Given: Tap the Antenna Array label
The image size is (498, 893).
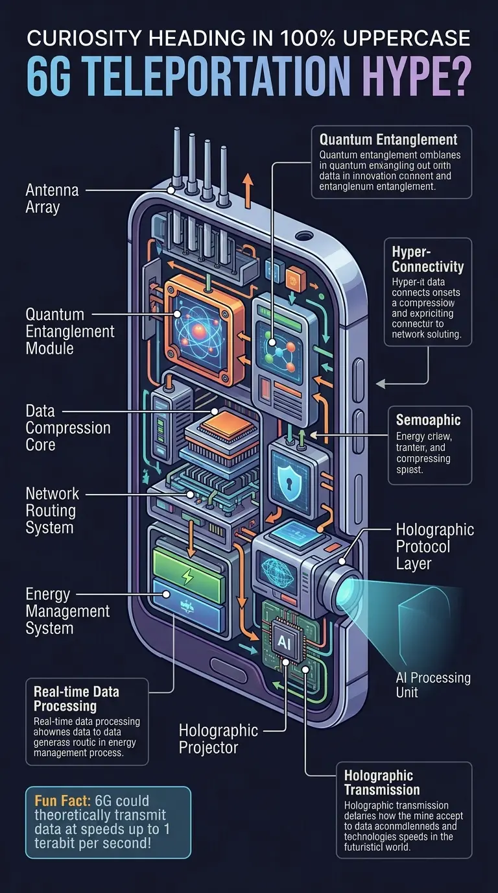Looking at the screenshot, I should pos(52,199).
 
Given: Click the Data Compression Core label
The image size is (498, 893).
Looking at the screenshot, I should pos(68,428).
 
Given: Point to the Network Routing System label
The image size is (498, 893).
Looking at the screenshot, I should pos(52,510).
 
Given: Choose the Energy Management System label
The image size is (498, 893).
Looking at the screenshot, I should pos(67,611).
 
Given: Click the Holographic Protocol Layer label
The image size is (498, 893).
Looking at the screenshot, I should pos(434,546).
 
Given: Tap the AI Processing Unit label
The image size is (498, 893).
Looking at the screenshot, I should pos(433,685).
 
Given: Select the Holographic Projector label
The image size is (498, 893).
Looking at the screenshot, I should pos(219,739).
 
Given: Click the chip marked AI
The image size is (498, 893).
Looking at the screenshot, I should pos(284,641).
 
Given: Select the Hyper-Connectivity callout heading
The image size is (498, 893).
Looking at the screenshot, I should pos(428,258).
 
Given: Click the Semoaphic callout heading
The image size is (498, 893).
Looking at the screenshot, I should pos(428,420).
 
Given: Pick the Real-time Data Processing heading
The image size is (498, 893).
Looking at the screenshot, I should pos(76,698).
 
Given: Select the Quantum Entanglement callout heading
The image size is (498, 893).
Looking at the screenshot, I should pos(388,139).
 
